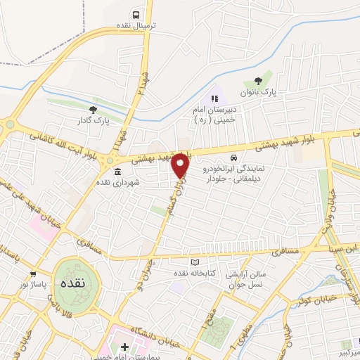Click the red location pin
coord(181,165)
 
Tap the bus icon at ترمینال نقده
coord(136,13)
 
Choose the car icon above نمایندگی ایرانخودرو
coord(234,158)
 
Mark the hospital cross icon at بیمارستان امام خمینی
coord(124,347)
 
